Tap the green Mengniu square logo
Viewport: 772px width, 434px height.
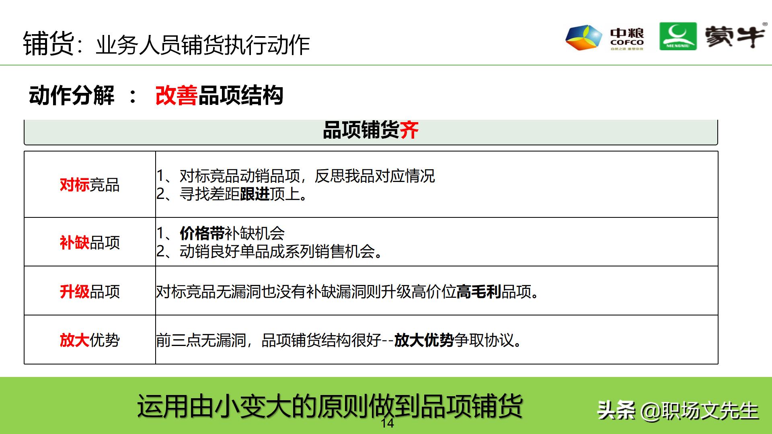[x=678, y=37]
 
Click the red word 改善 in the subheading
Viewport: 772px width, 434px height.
[x=176, y=96]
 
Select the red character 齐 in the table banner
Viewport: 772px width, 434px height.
[x=409, y=130]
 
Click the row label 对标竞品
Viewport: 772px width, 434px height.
[x=90, y=185]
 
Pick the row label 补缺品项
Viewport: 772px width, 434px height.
[x=90, y=242]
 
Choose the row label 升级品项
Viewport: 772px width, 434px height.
[x=90, y=291]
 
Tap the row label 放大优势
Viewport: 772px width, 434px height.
[x=90, y=340]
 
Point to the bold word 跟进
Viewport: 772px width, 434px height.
[x=255, y=194]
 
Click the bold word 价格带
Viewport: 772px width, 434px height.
[x=202, y=233]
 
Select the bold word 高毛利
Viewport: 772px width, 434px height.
[x=478, y=291]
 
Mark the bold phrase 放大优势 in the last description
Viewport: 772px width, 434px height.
[x=424, y=340]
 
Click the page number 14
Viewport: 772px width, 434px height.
[x=387, y=423]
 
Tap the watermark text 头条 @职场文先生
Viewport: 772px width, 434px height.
[x=678, y=411]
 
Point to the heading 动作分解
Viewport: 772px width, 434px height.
[x=72, y=96]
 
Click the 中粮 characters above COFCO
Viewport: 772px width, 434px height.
[x=627, y=33]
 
